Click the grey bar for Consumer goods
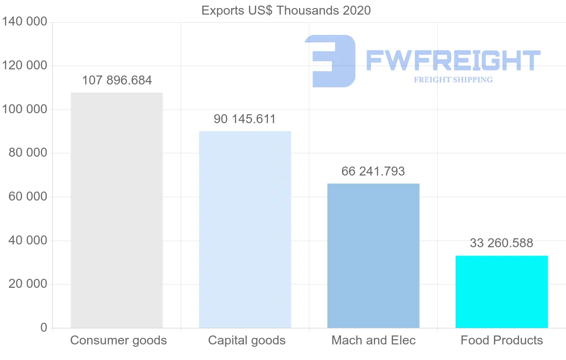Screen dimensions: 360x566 tap(117, 210)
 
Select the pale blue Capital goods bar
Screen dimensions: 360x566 tap(245, 229)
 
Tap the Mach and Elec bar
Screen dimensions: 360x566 tap(373, 255)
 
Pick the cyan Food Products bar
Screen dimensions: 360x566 tap(501, 292)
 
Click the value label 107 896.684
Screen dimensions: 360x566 tap(117, 81)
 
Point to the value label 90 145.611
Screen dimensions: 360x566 tap(244, 119)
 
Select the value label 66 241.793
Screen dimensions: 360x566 tap(373, 171)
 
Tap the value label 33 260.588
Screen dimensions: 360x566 tap(501, 243)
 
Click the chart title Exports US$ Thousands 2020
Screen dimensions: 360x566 tap(286, 10)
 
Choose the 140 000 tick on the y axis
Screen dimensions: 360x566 tap(25, 22)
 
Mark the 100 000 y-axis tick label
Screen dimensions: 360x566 tap(25, 109)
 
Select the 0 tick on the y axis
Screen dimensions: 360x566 tap(44, 328)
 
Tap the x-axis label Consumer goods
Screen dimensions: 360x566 tap(118, 340)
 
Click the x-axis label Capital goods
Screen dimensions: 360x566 tap(247, 340)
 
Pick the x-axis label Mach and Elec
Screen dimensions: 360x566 tap(374, 340)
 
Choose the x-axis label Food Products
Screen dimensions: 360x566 tap(502, 340)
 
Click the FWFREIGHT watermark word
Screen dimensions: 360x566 tap(453, 60)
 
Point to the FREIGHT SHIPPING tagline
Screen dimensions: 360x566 tap(453, 80)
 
